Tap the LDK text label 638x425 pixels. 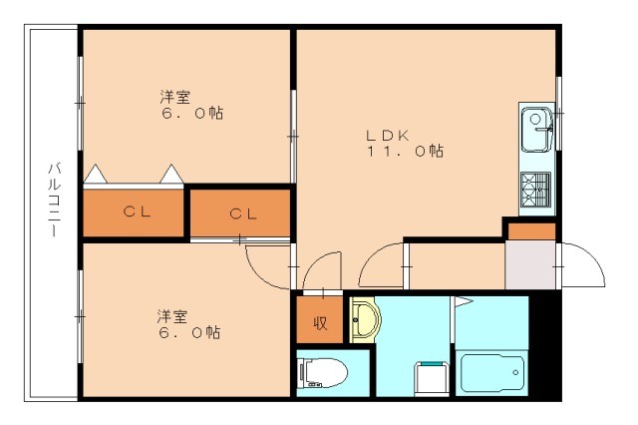(387, 134)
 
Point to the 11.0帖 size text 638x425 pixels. (403, 152)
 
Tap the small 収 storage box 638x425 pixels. (320, 322)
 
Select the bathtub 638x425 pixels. (490, 374)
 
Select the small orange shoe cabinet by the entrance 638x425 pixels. (529, 231)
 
